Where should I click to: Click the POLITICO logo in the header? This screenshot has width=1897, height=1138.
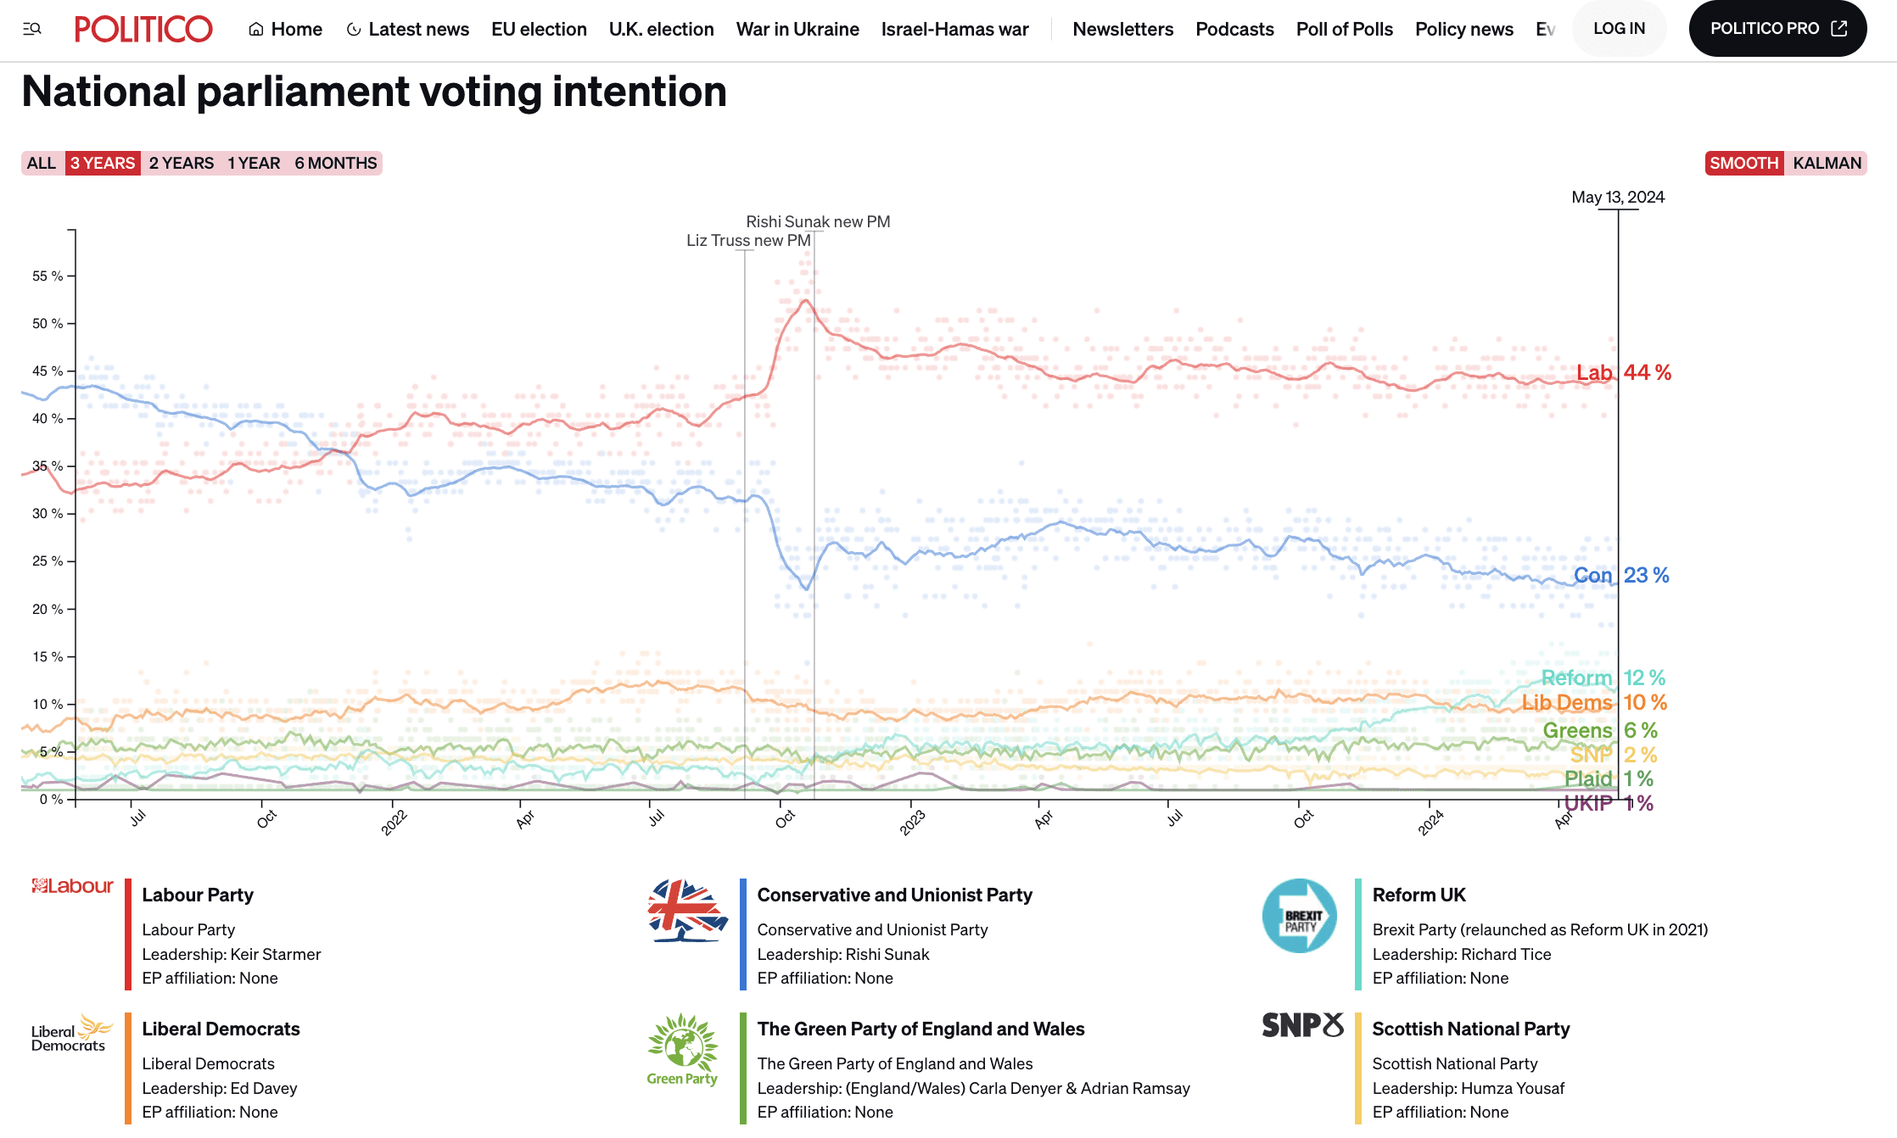143,29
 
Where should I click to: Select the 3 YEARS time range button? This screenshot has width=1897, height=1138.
102,163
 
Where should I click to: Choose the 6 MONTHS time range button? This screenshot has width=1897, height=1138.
336,163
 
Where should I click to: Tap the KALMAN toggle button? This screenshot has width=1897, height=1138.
1827,163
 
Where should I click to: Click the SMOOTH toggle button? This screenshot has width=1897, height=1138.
1743,163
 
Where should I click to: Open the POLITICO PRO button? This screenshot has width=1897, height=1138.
1777,29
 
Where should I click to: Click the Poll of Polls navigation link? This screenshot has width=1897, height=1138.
1344,29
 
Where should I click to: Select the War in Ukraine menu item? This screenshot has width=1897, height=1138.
797,29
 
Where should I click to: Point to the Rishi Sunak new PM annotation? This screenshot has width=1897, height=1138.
818,221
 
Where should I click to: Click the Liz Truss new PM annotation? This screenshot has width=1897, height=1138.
748,240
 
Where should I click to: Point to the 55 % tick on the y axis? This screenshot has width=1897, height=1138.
48,276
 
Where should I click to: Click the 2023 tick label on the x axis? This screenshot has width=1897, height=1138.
913,822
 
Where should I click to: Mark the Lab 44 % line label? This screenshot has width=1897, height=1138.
1623,372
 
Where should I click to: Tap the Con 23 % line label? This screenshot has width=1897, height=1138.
1620,575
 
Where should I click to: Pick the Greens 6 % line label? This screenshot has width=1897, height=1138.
1599,730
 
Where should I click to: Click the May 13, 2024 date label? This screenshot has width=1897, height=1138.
1618,197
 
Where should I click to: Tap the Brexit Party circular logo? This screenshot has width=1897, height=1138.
1299,916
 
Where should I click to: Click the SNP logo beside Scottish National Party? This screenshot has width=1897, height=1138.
1302,1025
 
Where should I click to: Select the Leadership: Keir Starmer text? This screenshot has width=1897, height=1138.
232,954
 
